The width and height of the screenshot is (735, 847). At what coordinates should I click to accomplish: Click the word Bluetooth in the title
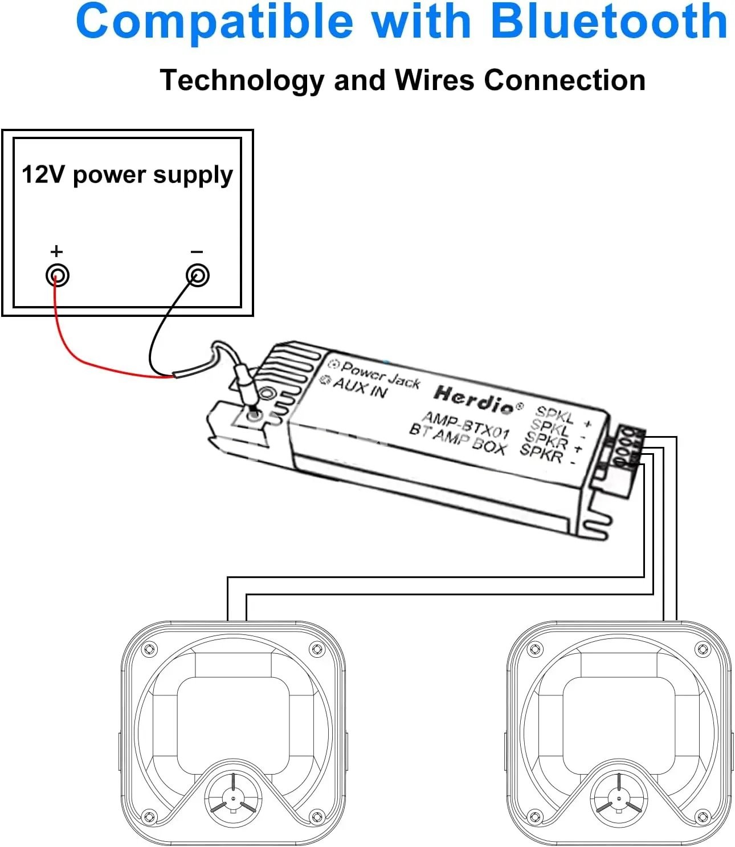pos(609,22)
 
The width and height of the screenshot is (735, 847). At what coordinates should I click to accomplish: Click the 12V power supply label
pos(127,174)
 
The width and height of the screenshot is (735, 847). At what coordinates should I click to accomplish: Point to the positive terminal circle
pos(58,276)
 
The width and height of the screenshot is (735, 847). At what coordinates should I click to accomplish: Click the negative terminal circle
pos(198,276)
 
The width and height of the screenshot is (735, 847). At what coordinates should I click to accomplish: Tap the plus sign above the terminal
pos(56,251)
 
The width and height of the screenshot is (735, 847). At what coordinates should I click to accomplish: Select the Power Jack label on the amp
pos(380,374)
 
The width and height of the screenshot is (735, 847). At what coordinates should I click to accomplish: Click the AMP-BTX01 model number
pos(465,426)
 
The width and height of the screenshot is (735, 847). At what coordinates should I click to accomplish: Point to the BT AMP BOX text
pos(458,439)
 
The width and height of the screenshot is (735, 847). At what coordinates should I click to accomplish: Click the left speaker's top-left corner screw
pos(149,649)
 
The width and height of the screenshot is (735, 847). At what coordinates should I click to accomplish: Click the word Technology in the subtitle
pos(242,80)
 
